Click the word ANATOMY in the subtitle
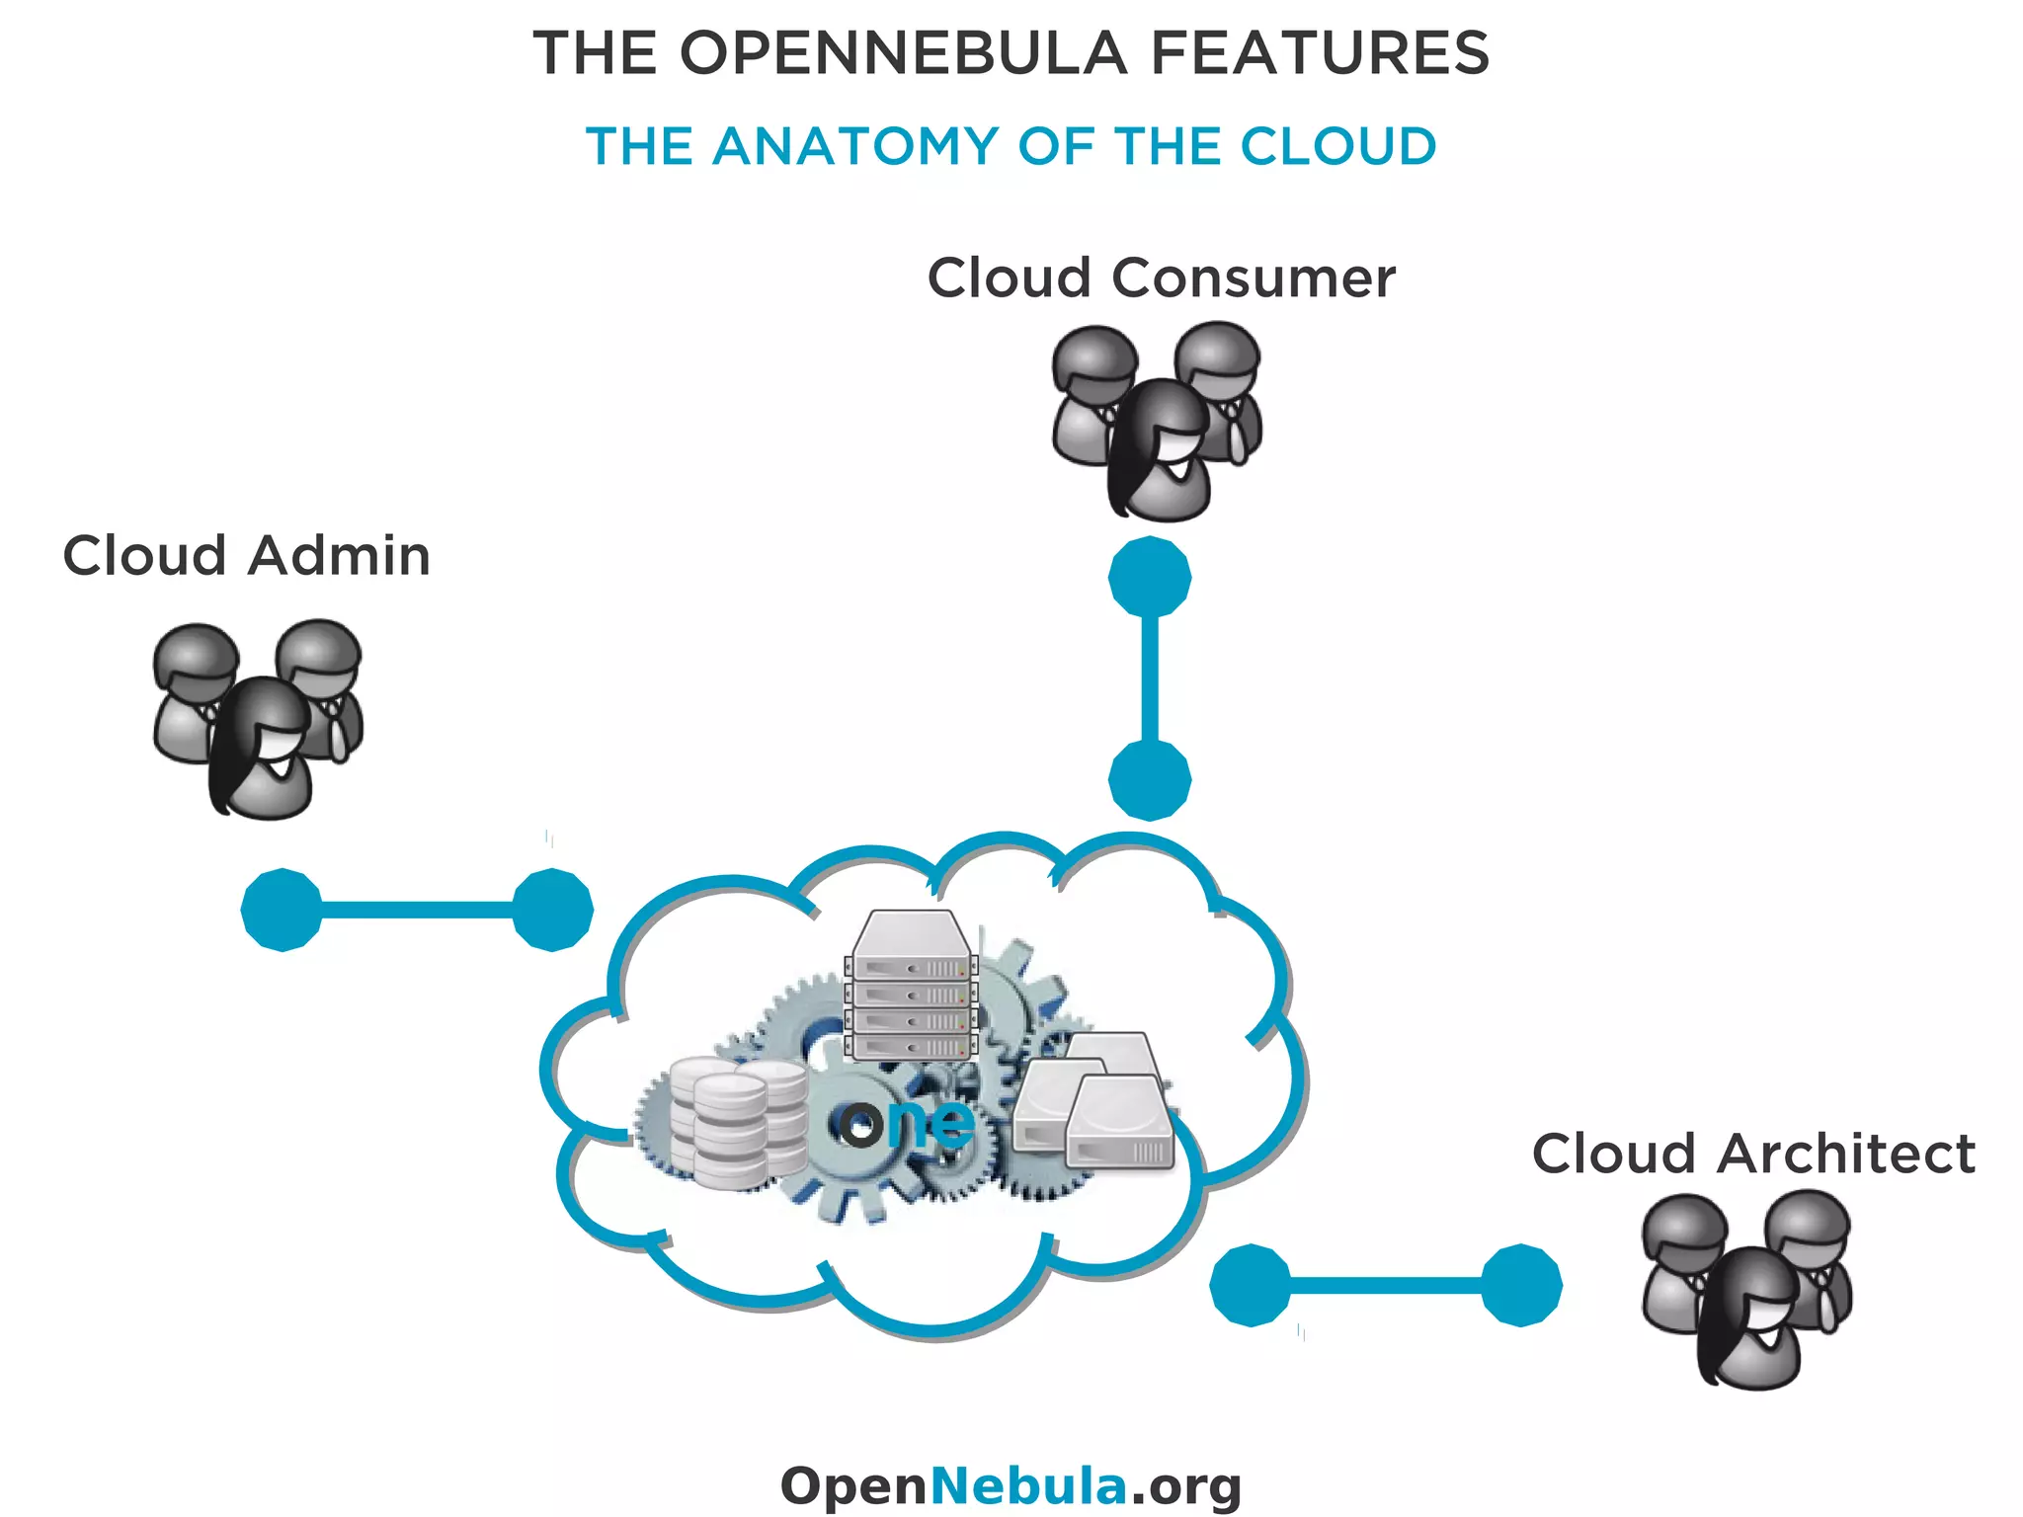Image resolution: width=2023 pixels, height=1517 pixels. click(x=855, y=147)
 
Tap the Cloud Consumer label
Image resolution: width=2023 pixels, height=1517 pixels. click(x=1161, y=278)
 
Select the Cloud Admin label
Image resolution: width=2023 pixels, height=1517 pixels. click(x=246, y=555)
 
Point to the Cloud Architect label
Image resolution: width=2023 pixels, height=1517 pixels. click(x=1752, y=1154)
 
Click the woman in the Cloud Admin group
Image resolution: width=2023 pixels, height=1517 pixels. click(x=262, y=751)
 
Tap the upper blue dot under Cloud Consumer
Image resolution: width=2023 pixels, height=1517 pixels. click(x=1150, y=578)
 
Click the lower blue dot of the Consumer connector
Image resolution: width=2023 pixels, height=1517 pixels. click(x=1150, y=780)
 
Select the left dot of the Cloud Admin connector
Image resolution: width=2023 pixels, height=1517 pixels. click(x=283, y=910)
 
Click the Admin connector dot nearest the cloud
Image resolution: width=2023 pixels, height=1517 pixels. click(x=552, y=910)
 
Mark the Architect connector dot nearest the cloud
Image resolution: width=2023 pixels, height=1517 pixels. click(x=1251, y=1285)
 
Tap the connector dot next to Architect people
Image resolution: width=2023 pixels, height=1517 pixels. click(x=1521, y=1285)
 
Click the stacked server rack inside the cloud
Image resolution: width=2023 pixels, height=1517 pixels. click(x=911, y=988)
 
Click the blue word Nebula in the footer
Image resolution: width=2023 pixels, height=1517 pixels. click(x=1028, y=1485)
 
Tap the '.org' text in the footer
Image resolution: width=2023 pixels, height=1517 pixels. click(x=1185, y=1487)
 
